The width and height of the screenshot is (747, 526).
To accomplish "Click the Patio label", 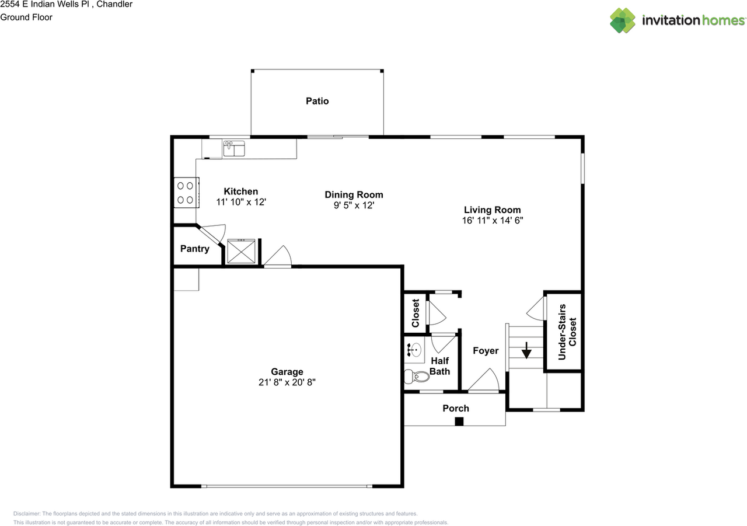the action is coord(317,101).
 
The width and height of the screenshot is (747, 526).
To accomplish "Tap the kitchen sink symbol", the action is coord(234,148).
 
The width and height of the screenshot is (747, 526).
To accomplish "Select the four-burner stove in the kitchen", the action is coord(186,193).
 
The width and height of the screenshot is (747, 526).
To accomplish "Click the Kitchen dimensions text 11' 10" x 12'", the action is coord(241,202).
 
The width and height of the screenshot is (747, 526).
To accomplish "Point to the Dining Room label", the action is coord(354,194).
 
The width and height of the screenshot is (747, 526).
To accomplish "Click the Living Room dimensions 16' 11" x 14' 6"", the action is coord(492,221).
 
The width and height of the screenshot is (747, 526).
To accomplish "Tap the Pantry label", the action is coord(195,249).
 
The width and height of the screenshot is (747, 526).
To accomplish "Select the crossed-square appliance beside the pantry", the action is coord(241,251).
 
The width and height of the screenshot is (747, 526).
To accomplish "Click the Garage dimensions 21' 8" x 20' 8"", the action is coord(287,382).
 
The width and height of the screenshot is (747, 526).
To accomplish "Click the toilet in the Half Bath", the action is coord(417,377).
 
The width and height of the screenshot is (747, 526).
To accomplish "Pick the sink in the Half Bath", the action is coord(414,350).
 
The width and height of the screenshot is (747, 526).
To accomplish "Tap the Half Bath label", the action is coord(439,366).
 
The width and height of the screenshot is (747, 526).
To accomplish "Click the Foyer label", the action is coord(486,350).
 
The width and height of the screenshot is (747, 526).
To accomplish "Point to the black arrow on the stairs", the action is coord(526,350).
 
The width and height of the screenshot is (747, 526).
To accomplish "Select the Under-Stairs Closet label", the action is coord(567,332).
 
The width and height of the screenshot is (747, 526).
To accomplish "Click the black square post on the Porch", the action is coord(459,422).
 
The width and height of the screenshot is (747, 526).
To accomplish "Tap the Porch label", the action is coord(456,408).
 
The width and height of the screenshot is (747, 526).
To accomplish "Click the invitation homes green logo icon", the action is coord(623,20).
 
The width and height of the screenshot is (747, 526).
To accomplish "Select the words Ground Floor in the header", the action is coord(26,18).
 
